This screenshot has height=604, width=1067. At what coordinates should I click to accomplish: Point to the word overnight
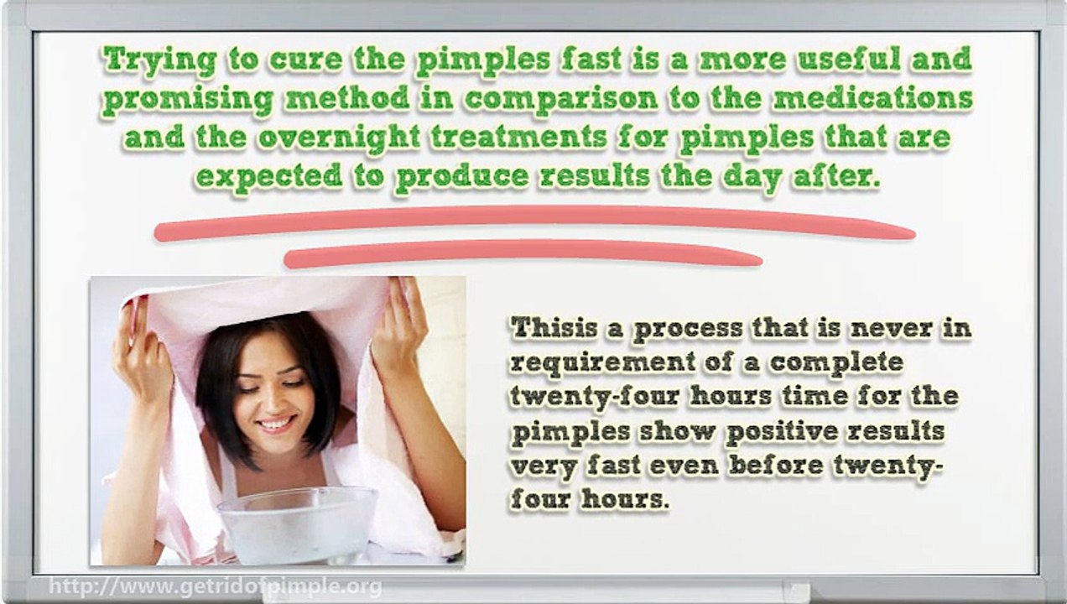click(339, 138)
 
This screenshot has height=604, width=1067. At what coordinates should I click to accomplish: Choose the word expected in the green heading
click(268, 177)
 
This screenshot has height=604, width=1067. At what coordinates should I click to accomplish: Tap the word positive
click(780, 432)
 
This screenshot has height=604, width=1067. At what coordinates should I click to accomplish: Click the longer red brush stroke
click(533, 221)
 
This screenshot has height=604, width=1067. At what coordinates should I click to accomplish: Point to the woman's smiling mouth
click(276, 424)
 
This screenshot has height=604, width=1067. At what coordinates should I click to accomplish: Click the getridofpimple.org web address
click(215, 586)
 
